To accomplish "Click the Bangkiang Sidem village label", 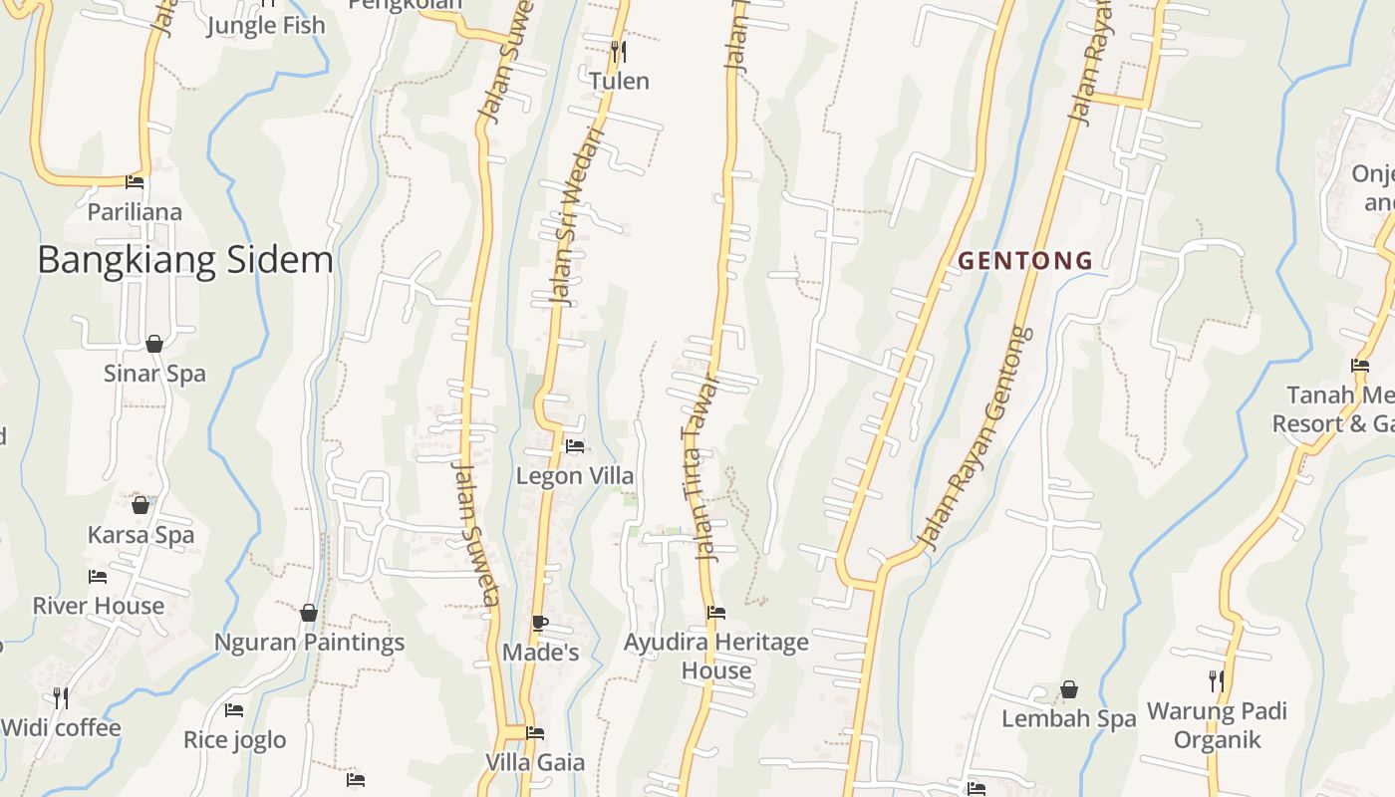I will [x=185, y=260].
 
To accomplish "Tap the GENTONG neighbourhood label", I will [x=1025, y=261].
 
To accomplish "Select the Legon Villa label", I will [x=574, y=476].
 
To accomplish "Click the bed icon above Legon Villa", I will [x=575, y=445].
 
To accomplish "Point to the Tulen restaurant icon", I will [x=619, y=51].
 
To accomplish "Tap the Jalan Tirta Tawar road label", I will [x=700, y=468].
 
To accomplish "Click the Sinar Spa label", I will [x=154, y=374].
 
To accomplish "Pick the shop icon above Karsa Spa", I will [x=140, y=505].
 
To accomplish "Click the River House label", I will [x=98, y=606].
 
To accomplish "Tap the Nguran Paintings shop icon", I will [x=309, y=612].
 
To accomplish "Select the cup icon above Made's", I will [x=539, y=624].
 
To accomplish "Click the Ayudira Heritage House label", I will [x=715, y=657].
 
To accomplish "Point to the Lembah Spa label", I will [x=1068, y=718].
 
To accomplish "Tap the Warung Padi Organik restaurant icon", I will [x=1217, y=681].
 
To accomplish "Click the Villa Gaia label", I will [x=534, y=762].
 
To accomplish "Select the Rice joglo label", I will [x=234, y=739].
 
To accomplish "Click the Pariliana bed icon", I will [x=135, y=182].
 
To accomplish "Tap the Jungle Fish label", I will [x=266, y=25].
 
